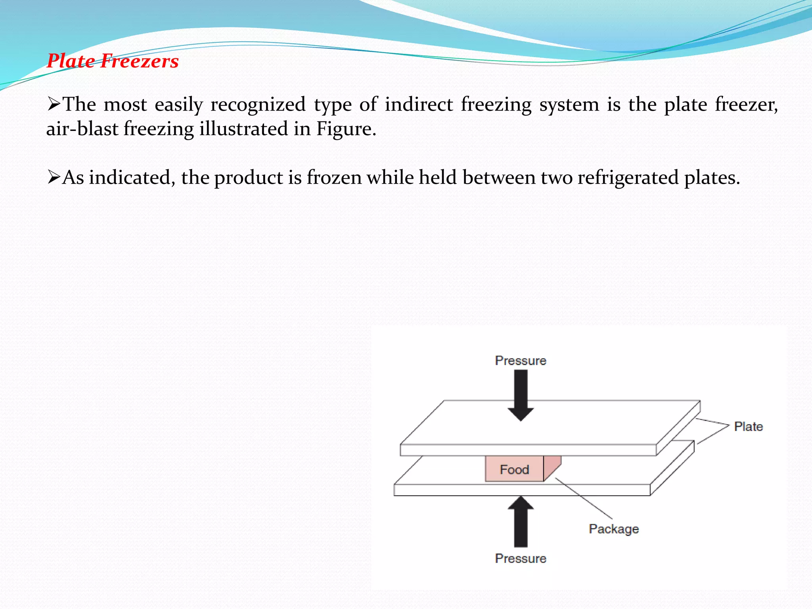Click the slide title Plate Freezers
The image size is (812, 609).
click(x=113, y=61)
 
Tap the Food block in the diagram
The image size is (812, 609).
click(x=514, y=469)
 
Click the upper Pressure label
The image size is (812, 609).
click(x=521, y=361)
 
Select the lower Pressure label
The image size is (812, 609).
click(x=521, y=559)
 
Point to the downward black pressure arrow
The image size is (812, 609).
click(x=521, y=395)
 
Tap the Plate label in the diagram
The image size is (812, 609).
click(x=748, y=427)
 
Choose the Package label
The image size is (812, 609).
click(x=614, y=529)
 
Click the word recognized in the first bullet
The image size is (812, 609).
click(x=258, y=105)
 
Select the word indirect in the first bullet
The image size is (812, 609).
click(x=419, y=105)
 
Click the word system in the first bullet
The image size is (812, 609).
click(x=569, y=105)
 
